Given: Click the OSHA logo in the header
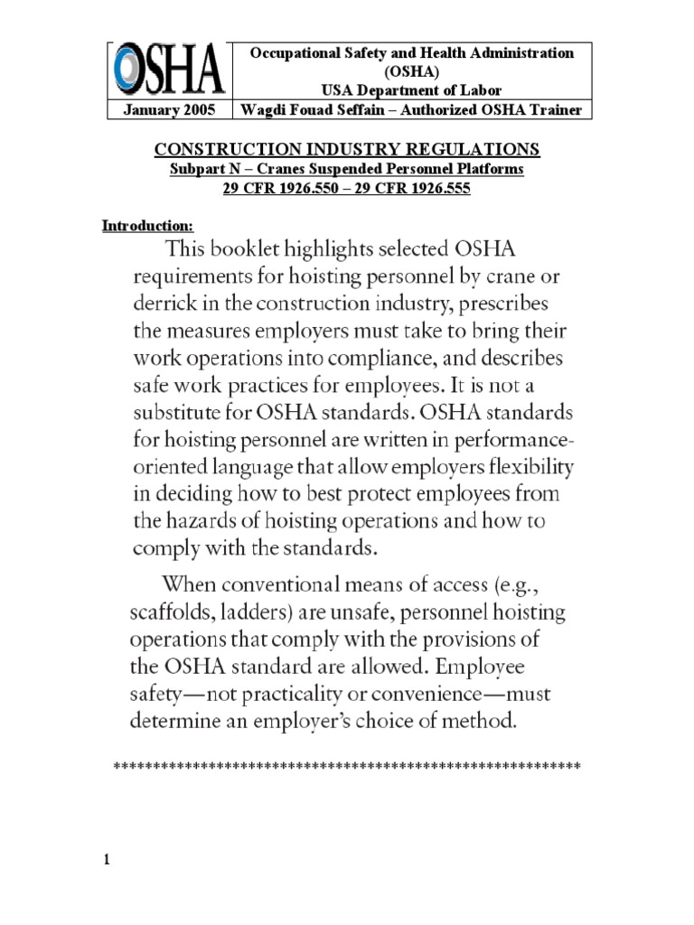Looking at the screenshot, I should [x=167, y=71].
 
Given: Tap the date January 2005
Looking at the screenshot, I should [x=167, y=110].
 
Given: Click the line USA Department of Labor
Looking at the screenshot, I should [x=411, y=89].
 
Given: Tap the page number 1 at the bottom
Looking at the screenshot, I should [x=106, y=859].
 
